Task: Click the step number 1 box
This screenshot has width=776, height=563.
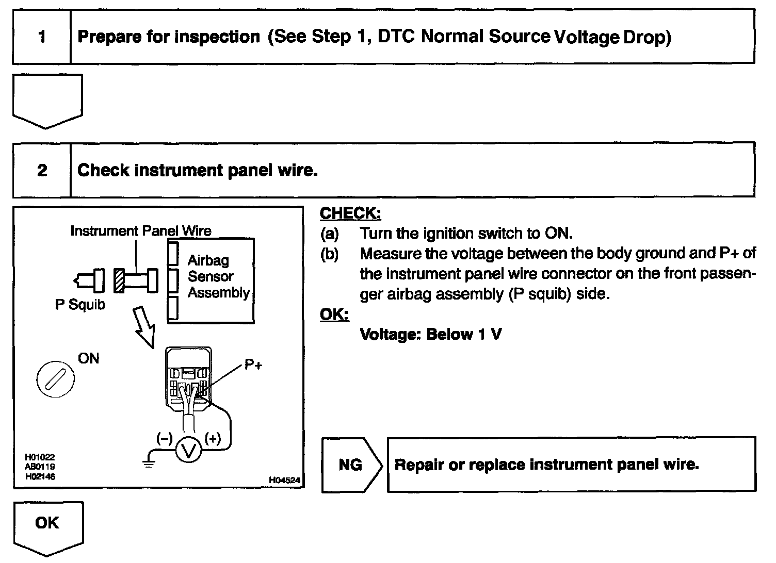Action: pos(42,37)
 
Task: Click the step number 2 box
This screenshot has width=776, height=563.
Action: pos(42,170)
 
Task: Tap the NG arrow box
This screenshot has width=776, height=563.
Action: pos(351,465)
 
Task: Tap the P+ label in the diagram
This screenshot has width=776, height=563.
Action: pos(253,366)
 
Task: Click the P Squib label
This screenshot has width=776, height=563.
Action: pos(80,305)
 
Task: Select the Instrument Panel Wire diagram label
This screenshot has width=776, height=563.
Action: pos(141,231)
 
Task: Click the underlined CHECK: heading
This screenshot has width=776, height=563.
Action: pos(350,213)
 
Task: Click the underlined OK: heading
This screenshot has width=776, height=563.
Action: pos(334,314)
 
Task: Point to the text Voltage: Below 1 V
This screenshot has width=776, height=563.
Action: pos(431,335)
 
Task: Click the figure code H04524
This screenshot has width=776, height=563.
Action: pos(284,480)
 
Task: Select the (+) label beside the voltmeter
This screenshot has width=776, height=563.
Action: pos(213,439)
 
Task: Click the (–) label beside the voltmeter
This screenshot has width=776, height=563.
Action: pos(165,439)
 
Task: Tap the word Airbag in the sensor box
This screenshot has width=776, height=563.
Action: pos(208,260)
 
